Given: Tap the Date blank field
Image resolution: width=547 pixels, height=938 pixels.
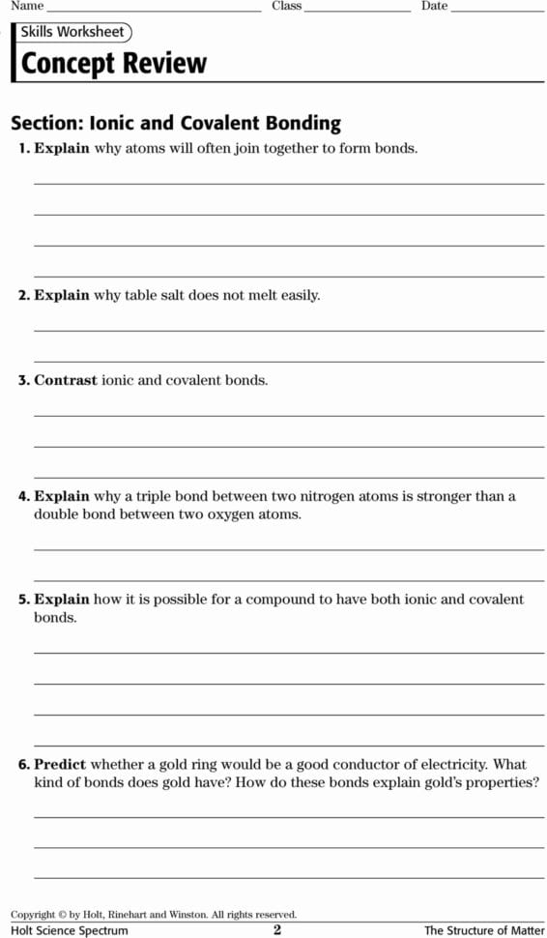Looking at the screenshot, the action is tap(497, 8).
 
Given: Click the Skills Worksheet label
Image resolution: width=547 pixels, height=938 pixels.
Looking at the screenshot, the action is tap(73, 33).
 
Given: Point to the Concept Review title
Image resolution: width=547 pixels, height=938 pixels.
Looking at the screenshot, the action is tap(114, 64).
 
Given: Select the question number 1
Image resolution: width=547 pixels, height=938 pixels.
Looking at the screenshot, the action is tap(23, 149).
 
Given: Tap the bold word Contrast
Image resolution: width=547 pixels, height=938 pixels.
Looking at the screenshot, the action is tap(66, 381).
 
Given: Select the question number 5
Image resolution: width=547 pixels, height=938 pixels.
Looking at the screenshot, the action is tap(23, 600).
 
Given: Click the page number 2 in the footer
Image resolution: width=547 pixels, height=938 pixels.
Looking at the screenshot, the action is tap(277, 930).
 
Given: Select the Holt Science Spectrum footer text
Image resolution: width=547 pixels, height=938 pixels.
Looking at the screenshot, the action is tap(70, 930).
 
